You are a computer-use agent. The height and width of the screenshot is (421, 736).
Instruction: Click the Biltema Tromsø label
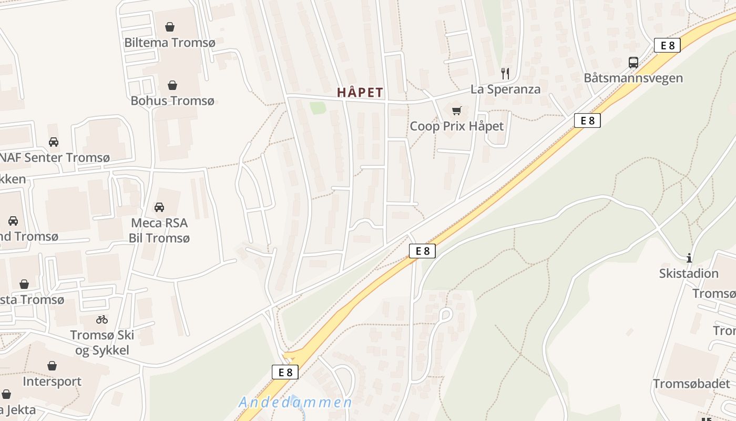point(170,43)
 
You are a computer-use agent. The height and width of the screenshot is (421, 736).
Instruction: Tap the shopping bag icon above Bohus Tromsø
point(172,85)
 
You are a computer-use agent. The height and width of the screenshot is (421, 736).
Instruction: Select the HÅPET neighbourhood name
point(360,93)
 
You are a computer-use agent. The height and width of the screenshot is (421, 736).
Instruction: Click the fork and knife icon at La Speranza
point(505,73)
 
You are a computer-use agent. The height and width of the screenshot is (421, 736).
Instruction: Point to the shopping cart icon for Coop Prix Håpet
point(456,111)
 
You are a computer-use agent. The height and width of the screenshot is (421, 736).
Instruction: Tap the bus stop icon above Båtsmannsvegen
point(633,63)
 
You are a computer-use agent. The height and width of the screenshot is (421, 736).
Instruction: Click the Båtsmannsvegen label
point(633,78)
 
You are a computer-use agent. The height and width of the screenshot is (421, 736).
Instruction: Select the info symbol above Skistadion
point(689,258)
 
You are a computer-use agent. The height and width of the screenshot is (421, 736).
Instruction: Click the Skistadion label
point(689,273)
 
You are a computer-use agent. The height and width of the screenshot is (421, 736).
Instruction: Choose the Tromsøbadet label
point(691,384)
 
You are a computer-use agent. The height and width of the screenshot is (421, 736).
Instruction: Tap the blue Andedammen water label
point(295,403)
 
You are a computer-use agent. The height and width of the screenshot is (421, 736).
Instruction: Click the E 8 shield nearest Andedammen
point(285,372)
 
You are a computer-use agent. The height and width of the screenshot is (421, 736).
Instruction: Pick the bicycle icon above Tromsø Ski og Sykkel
point(102,319)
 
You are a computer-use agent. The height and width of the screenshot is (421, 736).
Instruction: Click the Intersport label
point(52,381)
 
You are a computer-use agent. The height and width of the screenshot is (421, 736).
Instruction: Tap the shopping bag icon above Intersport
point(52,366)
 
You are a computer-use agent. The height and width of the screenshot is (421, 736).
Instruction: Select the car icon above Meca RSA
point(159,207)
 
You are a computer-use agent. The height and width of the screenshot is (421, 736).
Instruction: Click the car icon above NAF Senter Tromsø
point(54,142)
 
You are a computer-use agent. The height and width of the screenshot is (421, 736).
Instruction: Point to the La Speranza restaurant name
point(505,89)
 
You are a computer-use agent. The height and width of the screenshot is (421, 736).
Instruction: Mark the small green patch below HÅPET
point(317,108)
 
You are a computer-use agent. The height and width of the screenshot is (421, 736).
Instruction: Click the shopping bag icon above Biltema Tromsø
point(170,27)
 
